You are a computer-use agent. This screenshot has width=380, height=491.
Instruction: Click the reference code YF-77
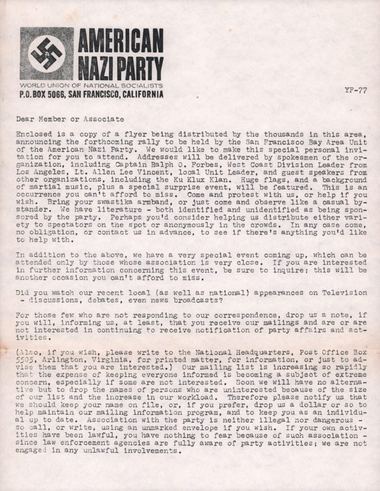(x=355, y=91)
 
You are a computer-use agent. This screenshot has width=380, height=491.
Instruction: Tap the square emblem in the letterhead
(x=47, y=53)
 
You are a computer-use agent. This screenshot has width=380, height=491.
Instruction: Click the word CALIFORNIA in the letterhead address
(x=143, y=94)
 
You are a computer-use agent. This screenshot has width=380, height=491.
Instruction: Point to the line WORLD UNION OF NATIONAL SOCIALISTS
(x=91, y=85)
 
